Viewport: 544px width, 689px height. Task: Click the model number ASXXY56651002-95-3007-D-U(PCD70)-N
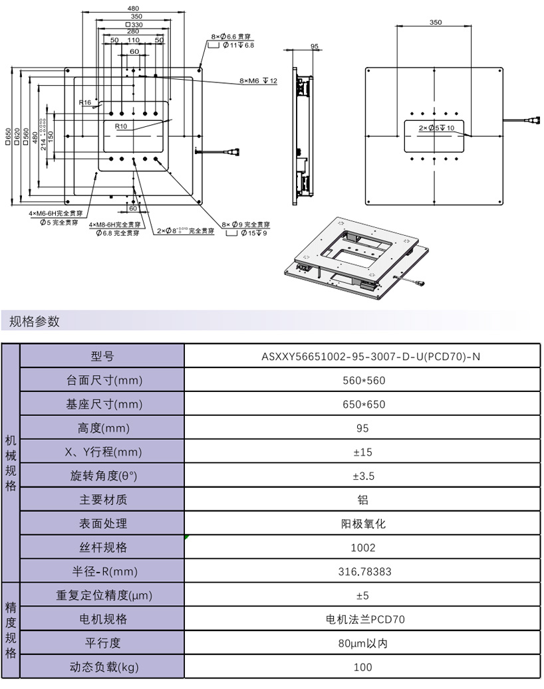[x=362, y=357]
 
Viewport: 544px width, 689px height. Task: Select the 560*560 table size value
[x=362, y=381]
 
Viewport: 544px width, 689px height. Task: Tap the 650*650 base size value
[x=362, y=405]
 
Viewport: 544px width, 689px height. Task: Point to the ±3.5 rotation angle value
[x=362, y=476]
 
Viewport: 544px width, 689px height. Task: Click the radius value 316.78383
[x=362, y=571]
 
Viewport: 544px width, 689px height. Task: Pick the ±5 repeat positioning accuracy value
[x=362, y=595]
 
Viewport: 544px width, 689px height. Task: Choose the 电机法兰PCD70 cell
[x=362, y=619]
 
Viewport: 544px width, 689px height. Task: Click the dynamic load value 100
[x=362, y=667]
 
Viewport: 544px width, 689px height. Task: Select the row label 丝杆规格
[x=102, y=547]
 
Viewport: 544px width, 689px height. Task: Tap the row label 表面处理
[x=102, y=524]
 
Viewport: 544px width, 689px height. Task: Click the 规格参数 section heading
[x=35, y=322]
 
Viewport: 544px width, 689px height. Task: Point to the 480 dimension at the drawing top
[x=133, y=9]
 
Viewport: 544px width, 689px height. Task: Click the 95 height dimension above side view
[x=315, y=47]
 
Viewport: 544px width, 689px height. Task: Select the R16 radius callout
[x=84, y=103]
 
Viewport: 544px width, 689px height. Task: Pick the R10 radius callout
[x=120, y=126]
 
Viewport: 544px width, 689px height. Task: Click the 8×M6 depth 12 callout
[x=258, y=81]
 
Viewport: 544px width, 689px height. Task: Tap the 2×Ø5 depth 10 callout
[x=437, y=128]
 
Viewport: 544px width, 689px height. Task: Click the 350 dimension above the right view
[x=435, y=22]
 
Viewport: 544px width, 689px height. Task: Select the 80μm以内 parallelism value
[x=362, y=643]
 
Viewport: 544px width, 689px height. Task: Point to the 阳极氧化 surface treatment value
[x=362, y=524]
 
